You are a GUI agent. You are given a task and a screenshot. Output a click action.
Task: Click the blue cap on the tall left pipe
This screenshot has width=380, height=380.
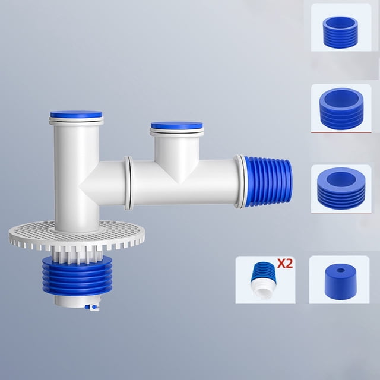tap(76, 114)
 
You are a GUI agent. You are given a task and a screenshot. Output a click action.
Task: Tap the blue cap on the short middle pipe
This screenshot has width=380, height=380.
tap(177, 125)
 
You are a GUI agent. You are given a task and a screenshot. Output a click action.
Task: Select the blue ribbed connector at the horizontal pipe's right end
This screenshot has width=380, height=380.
tap(268, 182)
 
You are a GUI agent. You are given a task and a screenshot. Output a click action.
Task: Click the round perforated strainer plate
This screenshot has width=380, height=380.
tap(77, 233)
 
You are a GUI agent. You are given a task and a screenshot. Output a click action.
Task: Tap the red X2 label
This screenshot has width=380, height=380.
tap(285, 263)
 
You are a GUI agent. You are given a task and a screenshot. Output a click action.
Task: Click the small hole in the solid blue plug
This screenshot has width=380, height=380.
tap(340, 270)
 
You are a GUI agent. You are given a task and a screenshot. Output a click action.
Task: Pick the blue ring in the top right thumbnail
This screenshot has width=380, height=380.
tap(340, 32)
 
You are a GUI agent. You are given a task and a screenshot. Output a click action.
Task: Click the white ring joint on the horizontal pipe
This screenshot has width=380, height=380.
tap(129, 183)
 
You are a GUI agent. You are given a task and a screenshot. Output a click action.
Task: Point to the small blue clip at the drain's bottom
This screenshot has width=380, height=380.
tap(93, 308)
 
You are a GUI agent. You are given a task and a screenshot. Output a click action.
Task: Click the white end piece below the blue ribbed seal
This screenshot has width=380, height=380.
tap(77, 301)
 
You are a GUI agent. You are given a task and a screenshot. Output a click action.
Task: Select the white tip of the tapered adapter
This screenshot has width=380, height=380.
tap(262, 292)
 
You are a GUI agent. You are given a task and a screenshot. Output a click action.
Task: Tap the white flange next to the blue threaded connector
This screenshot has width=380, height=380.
tap(240, 181)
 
